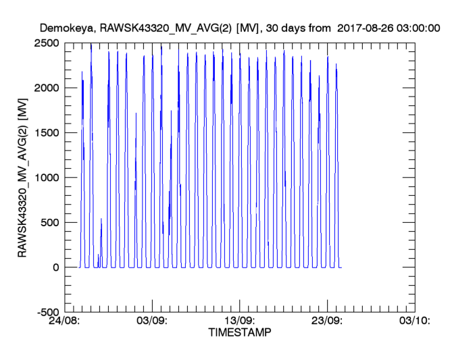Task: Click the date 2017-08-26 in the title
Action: [x=366, y=28]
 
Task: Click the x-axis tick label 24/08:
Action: [x=64, y=322]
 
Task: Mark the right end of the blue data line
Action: [x=341, y=267]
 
